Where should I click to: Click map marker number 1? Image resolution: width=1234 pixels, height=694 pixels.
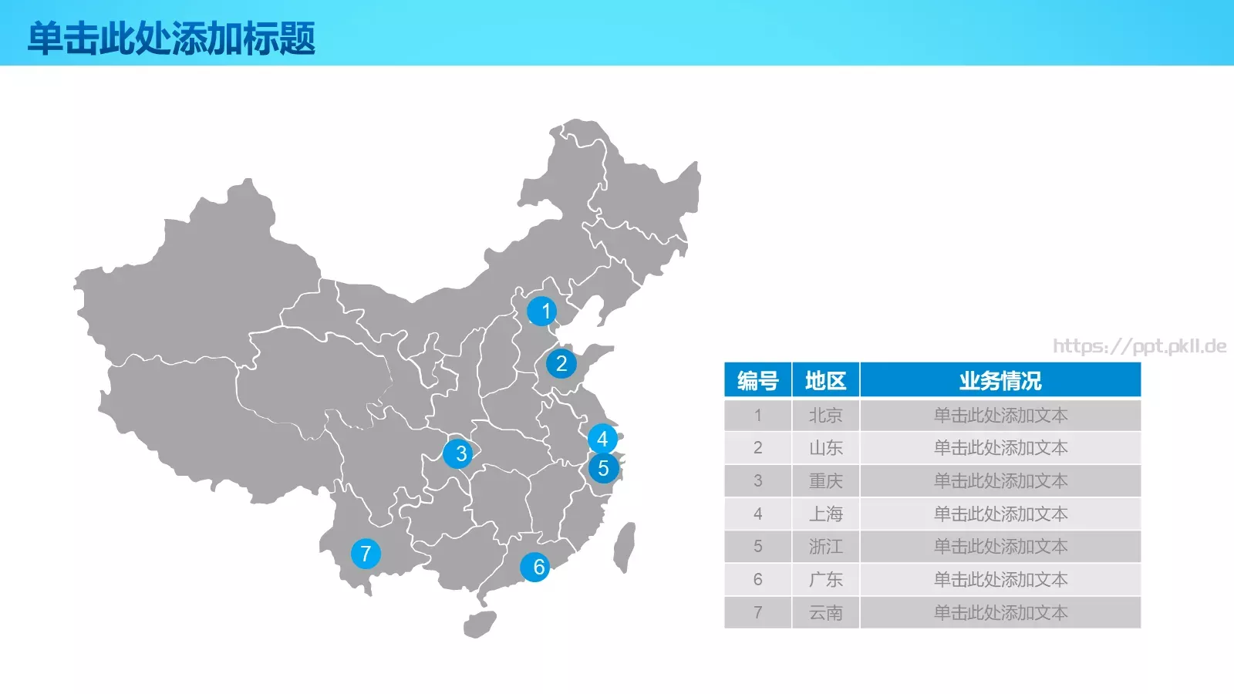tap(542, 311)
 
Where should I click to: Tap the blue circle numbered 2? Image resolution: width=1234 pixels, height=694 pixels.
tap(561, 363)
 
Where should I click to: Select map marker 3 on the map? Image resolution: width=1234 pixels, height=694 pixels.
tap(458, 453)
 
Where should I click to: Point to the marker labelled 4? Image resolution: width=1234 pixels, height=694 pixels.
tap(602, 439)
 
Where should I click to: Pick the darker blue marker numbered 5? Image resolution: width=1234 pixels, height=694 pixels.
tap(603, 468)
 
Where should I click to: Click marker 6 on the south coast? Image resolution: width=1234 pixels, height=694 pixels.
tap(535, 567)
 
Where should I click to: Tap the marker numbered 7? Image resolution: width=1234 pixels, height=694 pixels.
tap(366, 553)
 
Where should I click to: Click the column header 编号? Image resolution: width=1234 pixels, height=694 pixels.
tap(757, 380)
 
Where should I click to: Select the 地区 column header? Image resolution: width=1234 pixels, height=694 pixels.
tap(825, 380)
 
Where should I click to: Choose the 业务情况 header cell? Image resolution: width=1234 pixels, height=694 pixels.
tap(1000, 380)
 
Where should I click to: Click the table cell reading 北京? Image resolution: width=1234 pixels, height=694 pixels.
tap(825, 416)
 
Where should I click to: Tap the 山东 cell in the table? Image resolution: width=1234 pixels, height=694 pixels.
tap(825, 448)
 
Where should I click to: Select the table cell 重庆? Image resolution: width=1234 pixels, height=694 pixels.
tap(825, 481)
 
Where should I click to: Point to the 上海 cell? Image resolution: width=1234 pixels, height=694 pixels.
tap(825, 514)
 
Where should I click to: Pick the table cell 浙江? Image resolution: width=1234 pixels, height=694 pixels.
tap(825, 547)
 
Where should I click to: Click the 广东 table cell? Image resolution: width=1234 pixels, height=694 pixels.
tap(825, 580)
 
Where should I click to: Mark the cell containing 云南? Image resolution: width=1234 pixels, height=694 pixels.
tap(825, 613)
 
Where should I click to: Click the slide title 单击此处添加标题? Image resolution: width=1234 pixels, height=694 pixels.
tap(171, 38)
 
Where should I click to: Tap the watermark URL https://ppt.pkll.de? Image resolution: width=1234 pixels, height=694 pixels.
tap(1139, 346)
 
